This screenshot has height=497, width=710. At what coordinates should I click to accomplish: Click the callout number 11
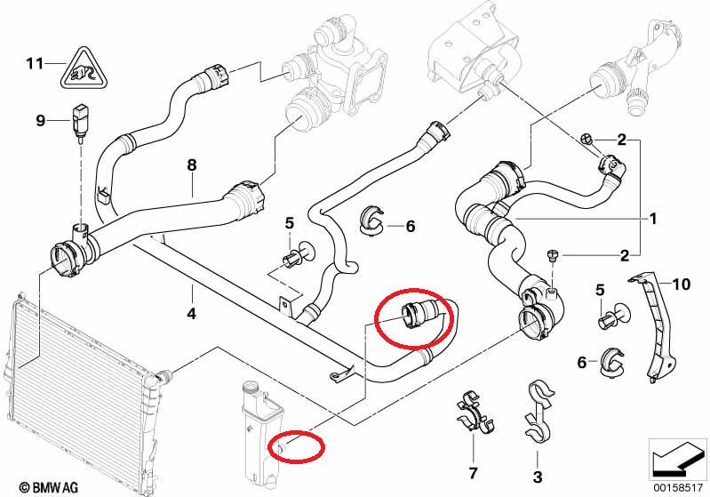pyautogui.click(x=35, y=63)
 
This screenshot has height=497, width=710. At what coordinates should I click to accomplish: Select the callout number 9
pyautogui.click(x=40, y=120)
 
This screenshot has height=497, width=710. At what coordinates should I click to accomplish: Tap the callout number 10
pyautogui.click(x=681, y=285)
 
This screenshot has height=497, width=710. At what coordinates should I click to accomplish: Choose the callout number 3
pyautogui.click(x=537, y=478)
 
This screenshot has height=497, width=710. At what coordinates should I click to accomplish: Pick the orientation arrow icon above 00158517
pyautogui.click(x=677, y=457)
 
